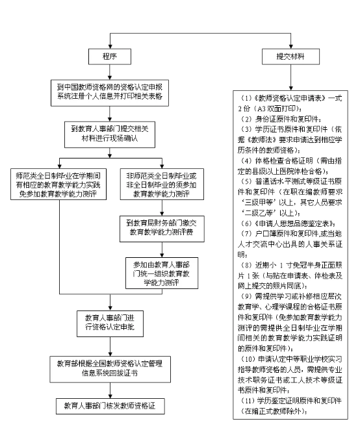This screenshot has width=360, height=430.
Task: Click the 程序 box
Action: point(109,57)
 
